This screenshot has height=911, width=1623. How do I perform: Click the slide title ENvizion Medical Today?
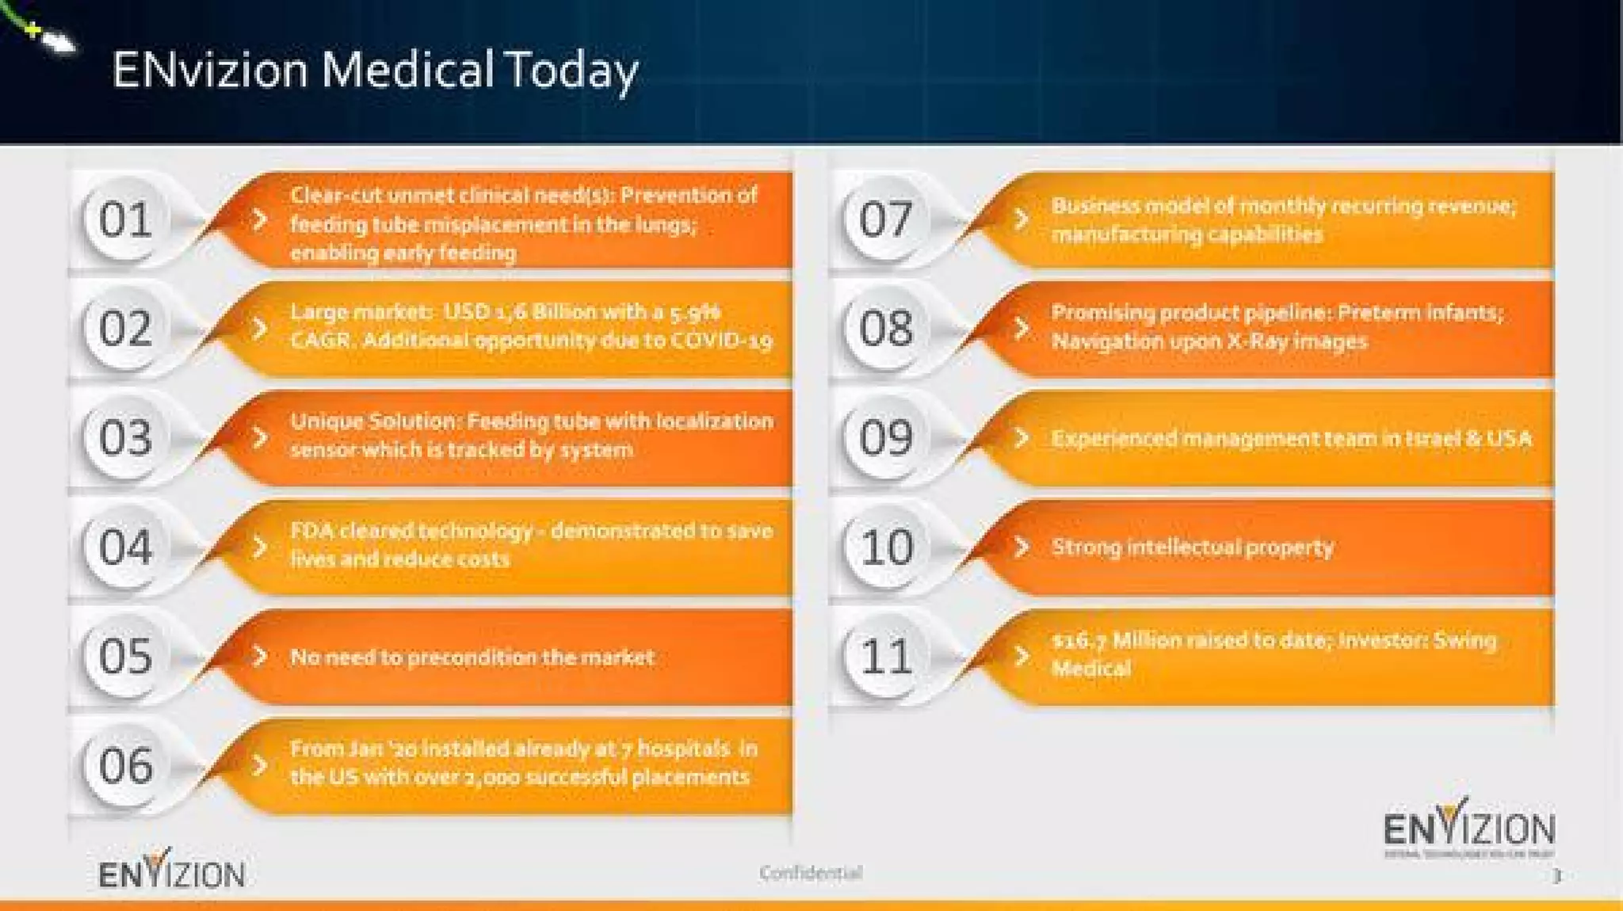click(x=374, y=70)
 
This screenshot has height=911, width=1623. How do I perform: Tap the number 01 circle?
click(x=125, y=219)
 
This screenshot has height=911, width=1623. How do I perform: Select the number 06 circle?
click(x=125, y=766)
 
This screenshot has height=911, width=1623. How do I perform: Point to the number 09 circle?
click(x=885, y=438)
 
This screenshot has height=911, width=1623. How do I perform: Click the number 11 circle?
click(x=885, y=657)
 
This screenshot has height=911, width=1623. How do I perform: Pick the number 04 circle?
click(x=125, y=547)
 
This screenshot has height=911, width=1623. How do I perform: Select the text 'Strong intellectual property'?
click(x=1192, y=547)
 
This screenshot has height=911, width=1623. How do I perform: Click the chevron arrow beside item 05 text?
click(x=259, y=657)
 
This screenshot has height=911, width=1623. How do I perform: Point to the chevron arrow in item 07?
click(x=1022, y=219)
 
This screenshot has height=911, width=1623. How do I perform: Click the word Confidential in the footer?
click(x=810, y=873)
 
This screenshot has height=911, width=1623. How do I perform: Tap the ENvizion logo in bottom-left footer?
click(x=171, y=871)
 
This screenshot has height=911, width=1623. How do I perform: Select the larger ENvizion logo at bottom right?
click(x=1468, y=828)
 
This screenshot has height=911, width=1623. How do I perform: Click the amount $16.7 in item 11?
click(x=1079, y=640)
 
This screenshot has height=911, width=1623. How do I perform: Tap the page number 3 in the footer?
click(x=1556, y=876)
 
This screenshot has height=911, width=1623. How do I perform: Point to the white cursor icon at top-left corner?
click(x=57, y=40)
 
